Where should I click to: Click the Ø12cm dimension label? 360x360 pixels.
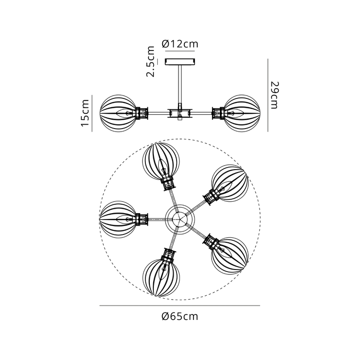click(180, 44)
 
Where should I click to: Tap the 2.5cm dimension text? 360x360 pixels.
click(151, 61)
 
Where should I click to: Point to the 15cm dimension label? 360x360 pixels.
click(86, 113)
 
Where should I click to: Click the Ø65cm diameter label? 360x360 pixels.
click(180, 317)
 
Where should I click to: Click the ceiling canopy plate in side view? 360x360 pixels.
click(180, 61)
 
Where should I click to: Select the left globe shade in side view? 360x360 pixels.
click(118, 113)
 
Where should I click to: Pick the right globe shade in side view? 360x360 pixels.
click(242, 113)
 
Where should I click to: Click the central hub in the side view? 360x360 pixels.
click(180, 113)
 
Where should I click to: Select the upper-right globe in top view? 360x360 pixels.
click(229, 182)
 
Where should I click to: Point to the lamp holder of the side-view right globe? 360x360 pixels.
click(218, 113)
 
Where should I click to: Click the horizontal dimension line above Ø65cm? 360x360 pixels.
click(180, 306)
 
